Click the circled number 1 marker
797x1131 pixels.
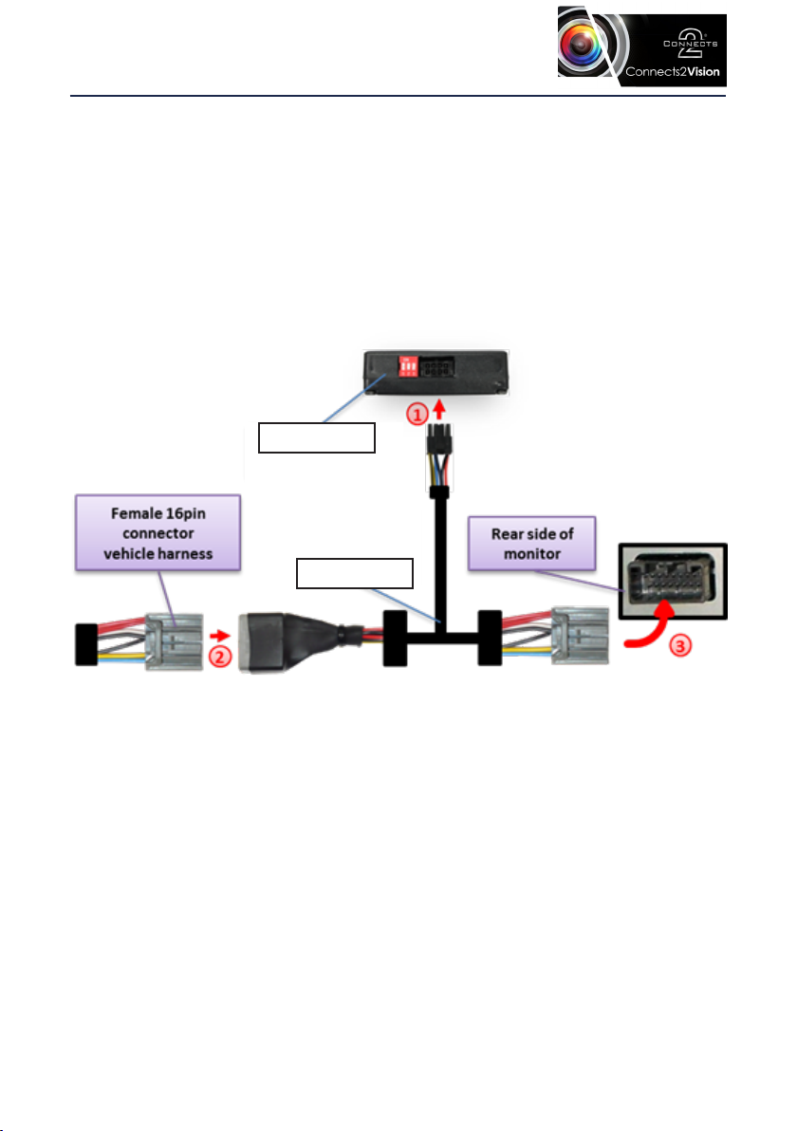(x=417, y=415)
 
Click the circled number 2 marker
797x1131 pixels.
(x=220, y=658)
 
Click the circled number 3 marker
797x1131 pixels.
(x=680, y=645)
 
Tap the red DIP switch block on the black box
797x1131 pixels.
(x=408, y=366)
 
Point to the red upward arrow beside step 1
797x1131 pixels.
(x=438, y=409)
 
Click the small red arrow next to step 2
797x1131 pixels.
(x=220, y=636)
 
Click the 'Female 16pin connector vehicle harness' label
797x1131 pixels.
(x=158, y=533)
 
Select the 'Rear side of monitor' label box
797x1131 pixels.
(x=532, y=544)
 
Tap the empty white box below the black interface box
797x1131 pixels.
(x=317, y=437)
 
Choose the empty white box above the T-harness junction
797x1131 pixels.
(x=355, y=573)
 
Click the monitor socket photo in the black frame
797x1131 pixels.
(x=673, y=582)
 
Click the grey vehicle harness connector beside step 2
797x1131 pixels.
(x=175, y=642)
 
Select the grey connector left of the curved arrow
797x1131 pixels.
(x=580, y=636)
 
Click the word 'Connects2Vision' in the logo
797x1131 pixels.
(x=672, y=72)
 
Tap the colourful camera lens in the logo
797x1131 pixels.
(x=580, y=44)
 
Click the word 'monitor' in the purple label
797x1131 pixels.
(x=532, y=554)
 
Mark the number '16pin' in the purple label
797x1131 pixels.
(x=185, y=513)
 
